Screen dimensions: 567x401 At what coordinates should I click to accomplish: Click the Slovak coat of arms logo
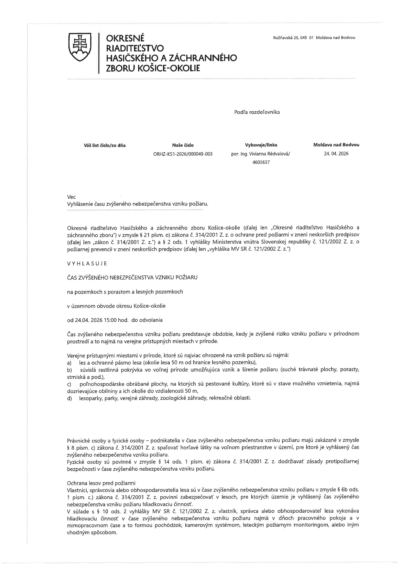(79, 47)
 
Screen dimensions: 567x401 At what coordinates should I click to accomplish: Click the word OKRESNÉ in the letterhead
(125, 38)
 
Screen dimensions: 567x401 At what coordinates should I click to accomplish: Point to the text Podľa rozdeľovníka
(257, 112)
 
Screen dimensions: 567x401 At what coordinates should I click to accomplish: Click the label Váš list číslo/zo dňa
(104, 145)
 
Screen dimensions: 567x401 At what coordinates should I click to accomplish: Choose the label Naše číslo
(183, 145)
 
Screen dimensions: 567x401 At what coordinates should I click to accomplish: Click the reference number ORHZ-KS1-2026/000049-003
(183, 154)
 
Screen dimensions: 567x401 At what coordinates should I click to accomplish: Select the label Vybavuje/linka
(261, 145)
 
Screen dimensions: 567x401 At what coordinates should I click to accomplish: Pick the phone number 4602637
(261, 162)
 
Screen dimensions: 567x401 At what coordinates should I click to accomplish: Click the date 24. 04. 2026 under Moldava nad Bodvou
(336, 154)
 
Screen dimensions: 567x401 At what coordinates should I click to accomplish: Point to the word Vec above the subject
(71, 197)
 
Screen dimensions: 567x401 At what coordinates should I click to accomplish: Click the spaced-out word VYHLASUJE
(87, 263)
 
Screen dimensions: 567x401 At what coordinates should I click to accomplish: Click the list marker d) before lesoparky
(69, 398)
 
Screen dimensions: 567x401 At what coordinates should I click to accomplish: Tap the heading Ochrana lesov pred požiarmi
(101, 483)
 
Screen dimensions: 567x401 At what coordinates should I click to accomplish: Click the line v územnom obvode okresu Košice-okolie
(116, 306)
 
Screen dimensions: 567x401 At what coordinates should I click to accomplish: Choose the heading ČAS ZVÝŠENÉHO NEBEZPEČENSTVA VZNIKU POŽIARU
(132, 277)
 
